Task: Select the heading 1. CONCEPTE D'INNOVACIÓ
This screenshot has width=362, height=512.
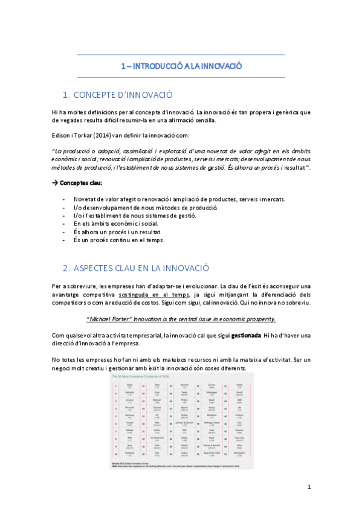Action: [x=118, y=95]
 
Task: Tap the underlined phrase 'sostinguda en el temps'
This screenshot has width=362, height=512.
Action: [x=153, y=294]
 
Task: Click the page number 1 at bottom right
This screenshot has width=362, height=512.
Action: [x=309, y=486]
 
